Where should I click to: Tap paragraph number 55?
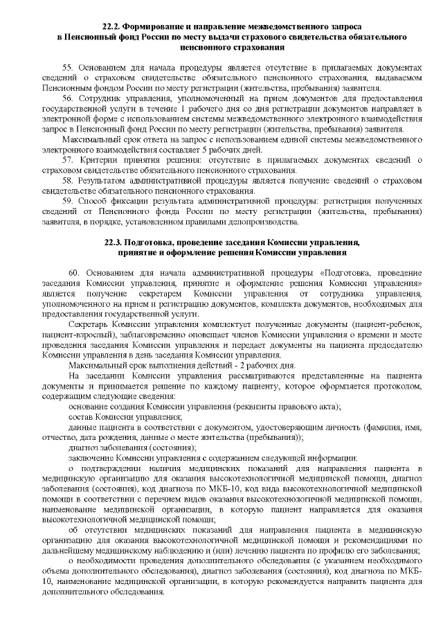[x=67, y=68]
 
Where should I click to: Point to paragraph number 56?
[x=67, y=99]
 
